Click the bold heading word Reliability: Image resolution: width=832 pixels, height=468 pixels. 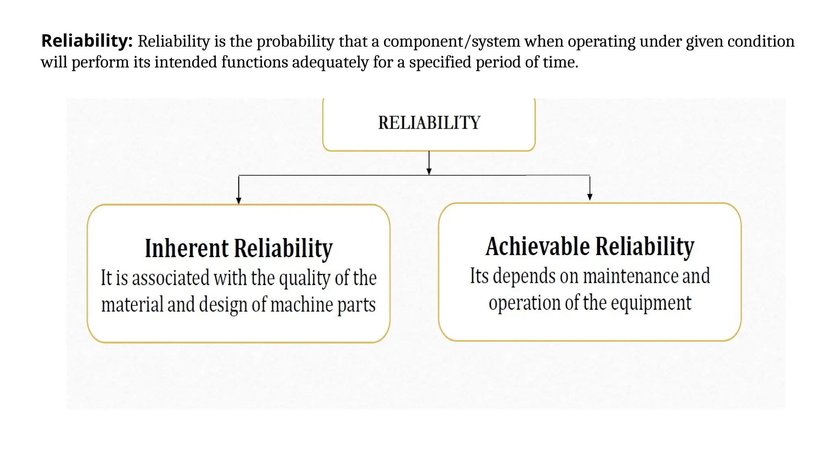[x=87, y=41]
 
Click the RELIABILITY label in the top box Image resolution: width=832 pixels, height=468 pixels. [x=429, y=123]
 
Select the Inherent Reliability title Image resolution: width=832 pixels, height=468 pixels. [x=239, y=248]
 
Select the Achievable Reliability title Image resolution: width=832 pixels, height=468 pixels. [x=590, y=246]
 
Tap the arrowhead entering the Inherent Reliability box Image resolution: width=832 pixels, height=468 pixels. [x=239, y=200]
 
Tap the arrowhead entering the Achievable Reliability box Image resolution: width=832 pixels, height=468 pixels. [x=590, y=197]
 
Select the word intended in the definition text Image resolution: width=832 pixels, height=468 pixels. [x=186, y=63]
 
